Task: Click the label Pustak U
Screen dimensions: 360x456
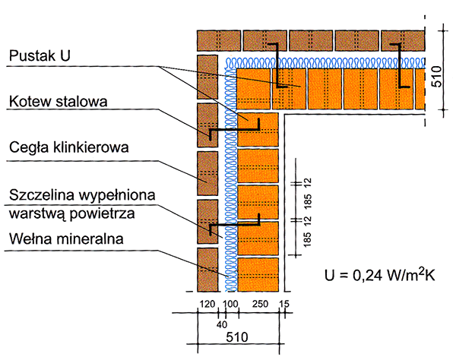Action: [x=40, y=55]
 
